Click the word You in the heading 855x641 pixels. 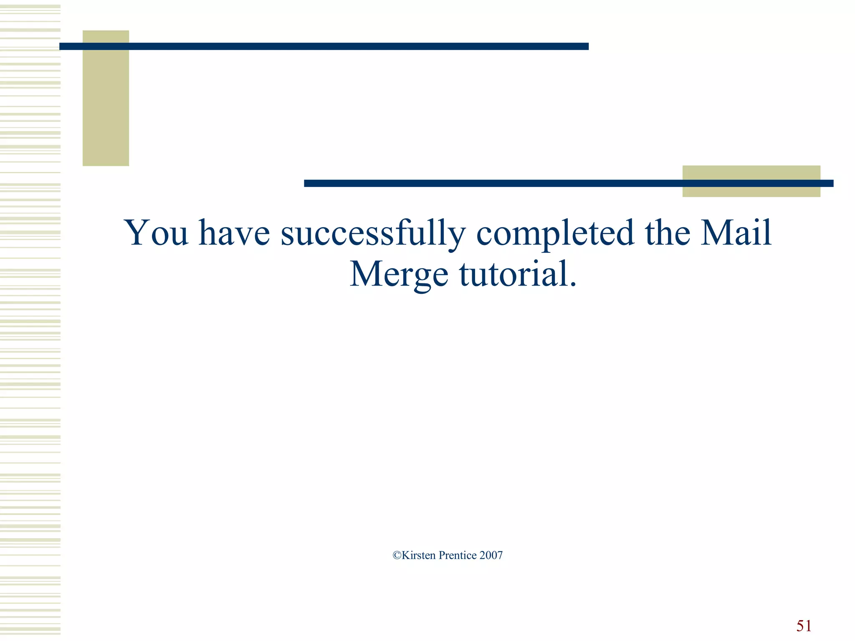[156, 232]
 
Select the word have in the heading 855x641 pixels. [234, 232]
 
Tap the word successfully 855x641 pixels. [373, 234]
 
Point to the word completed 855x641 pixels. [555, 234]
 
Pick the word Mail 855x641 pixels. [736, 232]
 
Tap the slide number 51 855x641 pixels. [804, 626]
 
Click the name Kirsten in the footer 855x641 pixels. [419, 555]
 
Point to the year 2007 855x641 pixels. [491, 555]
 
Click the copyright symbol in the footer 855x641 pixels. [397, 555]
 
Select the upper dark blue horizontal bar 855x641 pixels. [324, 46]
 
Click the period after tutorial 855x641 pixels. [572, 285]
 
